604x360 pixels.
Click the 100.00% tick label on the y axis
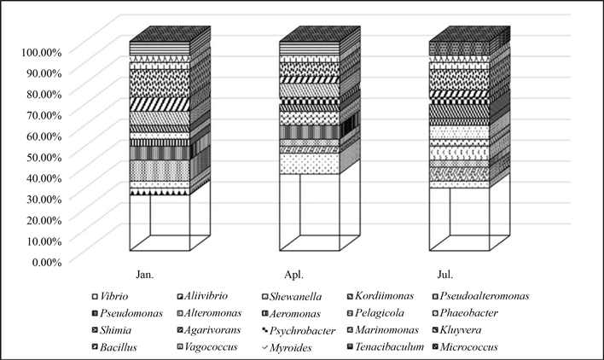(x=38, y=52)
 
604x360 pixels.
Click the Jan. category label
(x=146, y=275)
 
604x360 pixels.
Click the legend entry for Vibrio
(x=113, y=296)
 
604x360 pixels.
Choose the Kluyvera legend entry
(x=468, y=330)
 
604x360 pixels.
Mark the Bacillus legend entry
(x=116, y=347)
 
